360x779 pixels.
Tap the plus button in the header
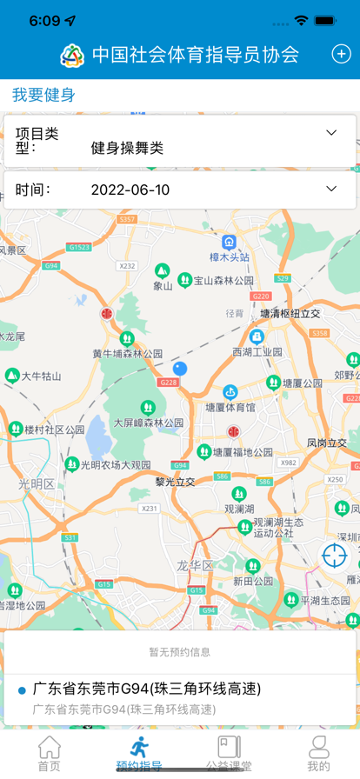(x=341, y=54)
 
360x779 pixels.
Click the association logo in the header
(x=73, y=55)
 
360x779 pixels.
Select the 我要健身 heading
(x=43, y=95)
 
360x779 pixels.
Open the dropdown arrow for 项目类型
(x=330, y=133)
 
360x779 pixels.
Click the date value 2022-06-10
(x=130, y=190)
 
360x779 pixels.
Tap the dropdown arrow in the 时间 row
(x=330, y=189)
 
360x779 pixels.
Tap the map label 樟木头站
(x=230, y=256)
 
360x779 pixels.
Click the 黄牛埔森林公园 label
(x=128, y=353)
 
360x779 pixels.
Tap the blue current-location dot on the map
(x=180, y=369)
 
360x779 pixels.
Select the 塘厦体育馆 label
(x=230, y=406)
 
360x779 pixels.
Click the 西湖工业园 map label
(x=257, y=351)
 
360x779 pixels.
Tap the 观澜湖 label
(x=239, y=509)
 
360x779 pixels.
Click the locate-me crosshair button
(x=334, y=555)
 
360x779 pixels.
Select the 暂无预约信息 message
(x=179, y=651)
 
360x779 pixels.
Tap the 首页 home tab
(x=50, y=754)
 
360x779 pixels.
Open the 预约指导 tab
(x=138, y=754)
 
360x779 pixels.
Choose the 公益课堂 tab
(x=229, y=754)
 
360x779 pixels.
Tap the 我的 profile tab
(x=318, y=754)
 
